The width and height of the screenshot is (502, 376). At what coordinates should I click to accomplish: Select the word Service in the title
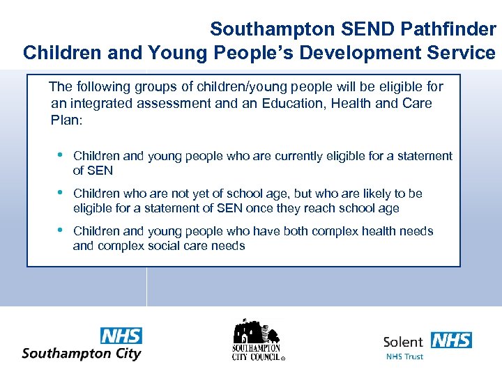click(x=464, y=52)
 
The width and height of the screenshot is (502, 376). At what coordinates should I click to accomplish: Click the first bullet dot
click(x=61, y=155)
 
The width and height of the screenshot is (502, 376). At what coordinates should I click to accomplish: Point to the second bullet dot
click(x=61, y=192)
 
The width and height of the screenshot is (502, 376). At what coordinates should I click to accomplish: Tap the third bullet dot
click(x=61, y=230)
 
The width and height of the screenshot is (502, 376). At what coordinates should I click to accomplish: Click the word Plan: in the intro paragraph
click(x=67, y=120)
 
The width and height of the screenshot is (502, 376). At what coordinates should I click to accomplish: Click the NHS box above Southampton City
click(x=121, y=336)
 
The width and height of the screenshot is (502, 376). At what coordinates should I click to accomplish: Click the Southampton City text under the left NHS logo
click(x=82, y=353)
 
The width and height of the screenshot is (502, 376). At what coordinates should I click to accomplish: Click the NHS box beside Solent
click(x=451, y=340)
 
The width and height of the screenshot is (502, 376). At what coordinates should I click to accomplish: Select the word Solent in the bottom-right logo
click(x=403, y=341)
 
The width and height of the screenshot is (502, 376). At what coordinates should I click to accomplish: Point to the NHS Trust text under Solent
click(x=404, y=357)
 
